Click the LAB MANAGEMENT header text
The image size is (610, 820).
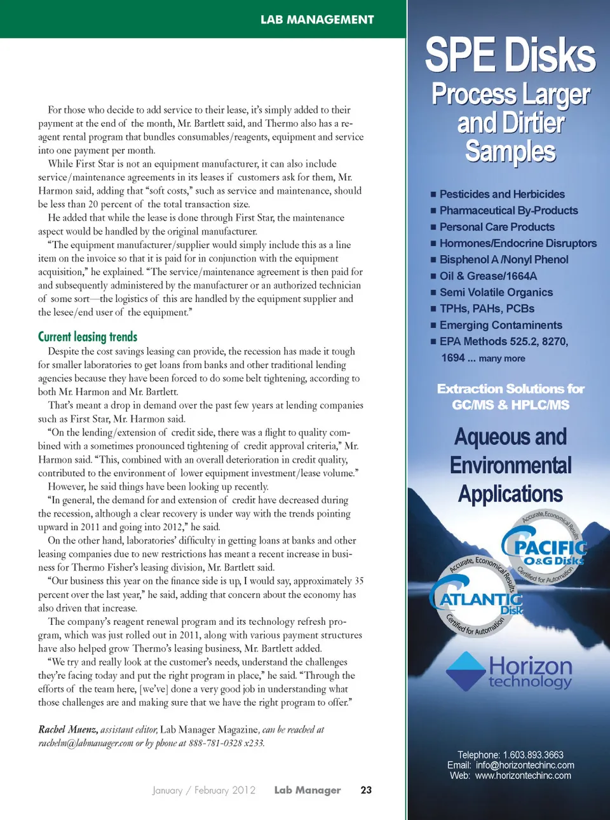(x=317, y=20)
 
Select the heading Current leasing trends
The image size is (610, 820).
(x=88, y=337)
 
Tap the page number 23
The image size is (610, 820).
(x=366, y=790)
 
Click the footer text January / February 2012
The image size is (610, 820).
(x=204, y=790)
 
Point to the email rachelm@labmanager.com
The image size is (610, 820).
(x=86, y=743)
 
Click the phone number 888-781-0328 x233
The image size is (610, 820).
(x=226, y=743)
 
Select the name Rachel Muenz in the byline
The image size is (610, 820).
(x=67, y=730)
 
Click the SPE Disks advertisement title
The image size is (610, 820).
(x=510, y=55)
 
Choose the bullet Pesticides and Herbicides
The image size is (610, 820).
(x=502, y=195)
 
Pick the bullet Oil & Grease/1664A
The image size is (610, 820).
(x=488, y=276)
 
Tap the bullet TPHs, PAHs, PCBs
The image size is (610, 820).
(x=487, y=309)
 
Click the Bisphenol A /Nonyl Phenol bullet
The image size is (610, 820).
(x=504, y=259)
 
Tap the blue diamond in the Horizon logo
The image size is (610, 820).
(x=466, y=671)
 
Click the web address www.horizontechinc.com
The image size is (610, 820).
(x=523, y=776)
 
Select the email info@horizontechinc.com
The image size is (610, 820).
(x=525, y=765)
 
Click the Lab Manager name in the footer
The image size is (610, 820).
(x=308, y=790)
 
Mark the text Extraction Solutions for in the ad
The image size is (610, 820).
(x=510, y=389)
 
